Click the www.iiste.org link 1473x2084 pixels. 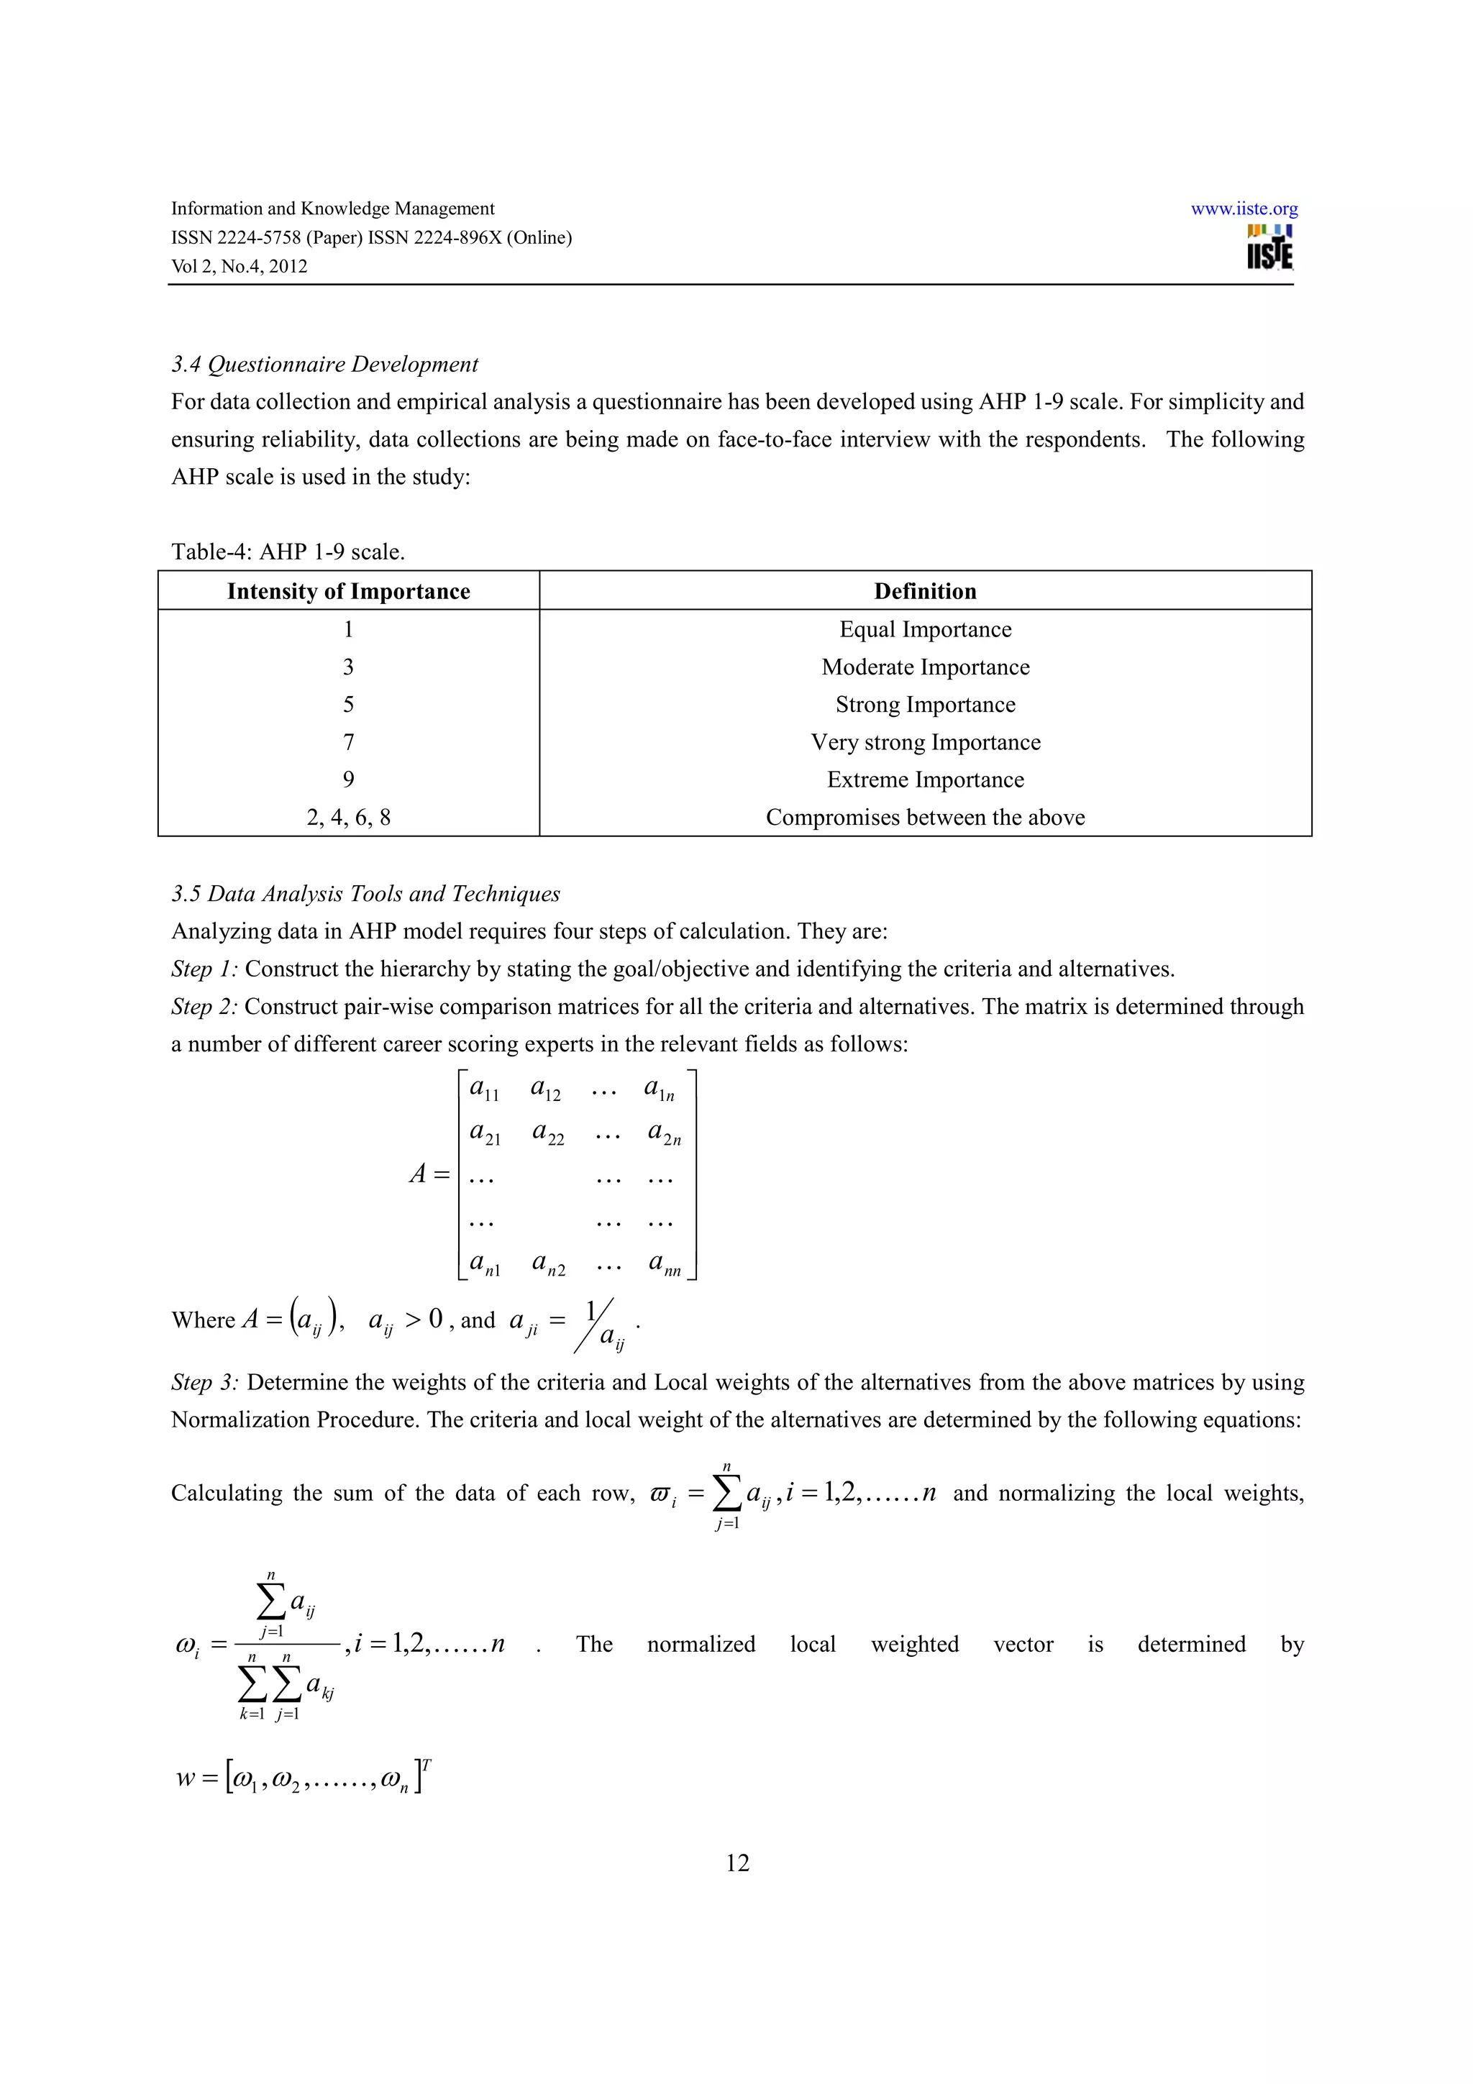[x=1244, y=209]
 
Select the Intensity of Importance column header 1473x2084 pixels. [x=349, y=591]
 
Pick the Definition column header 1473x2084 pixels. [x=925, y=591]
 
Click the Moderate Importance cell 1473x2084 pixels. [x=925, y=667]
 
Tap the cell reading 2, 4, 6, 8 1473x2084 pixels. [x=349, y=817]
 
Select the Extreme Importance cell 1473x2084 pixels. [x=925, y=780]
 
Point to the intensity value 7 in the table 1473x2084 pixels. [x=349, y=742]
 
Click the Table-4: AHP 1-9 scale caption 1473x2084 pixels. [x=288, y=551]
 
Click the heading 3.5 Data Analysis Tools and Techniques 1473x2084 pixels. [x=366, y=893]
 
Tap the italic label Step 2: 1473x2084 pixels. [x=204, y=1007]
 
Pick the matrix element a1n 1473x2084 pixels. [x=659, y=1089]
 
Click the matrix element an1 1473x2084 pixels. [x=485, y=1263]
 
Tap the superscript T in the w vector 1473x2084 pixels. [x=427, y=1763]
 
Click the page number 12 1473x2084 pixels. [x=737, y=1863]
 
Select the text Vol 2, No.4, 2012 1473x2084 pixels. [x=240, y=266]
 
